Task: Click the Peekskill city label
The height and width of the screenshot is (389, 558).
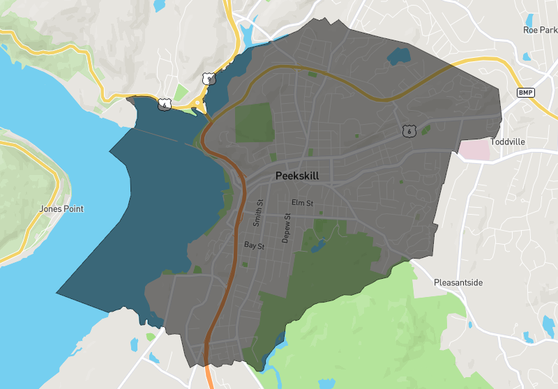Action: tap(297, 176)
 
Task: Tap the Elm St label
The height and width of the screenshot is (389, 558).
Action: tap(303, 203)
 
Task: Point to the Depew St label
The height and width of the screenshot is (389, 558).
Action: tap(286, 228)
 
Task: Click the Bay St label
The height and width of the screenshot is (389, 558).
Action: tap(254, 246)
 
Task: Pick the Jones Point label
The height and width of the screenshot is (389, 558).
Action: tap(61, 208)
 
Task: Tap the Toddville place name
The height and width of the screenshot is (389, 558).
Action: tap(507, 142)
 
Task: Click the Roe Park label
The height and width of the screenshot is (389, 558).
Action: tap(541, 30)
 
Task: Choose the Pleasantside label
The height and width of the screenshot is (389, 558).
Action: tap(458, 283)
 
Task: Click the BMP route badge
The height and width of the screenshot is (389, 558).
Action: tap(525, 93)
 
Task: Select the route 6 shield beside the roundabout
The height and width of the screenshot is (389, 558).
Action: tap(164, 105)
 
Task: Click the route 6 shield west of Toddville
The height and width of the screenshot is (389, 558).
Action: tap(409, 130)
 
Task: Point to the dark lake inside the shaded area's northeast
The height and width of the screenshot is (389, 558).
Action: tap(400, 54)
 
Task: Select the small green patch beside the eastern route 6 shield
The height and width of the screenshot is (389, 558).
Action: tap(425, 128)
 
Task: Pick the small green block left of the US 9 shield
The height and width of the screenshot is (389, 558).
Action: tap(181, 92)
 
